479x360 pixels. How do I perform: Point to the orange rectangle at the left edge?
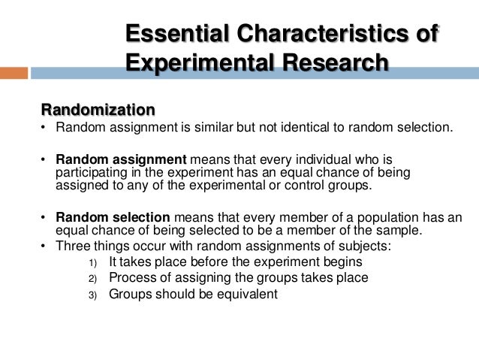tap(14, 74)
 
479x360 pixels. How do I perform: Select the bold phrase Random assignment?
tap(119, 159)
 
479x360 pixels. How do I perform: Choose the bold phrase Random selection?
tap(114, 217)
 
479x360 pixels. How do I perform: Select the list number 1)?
tap(92, 263)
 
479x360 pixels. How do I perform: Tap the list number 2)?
tap(92, 279)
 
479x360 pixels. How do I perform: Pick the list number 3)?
tap(92, 295)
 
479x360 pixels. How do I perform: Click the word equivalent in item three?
tap(245, 294)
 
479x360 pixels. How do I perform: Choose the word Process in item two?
tap(132, 278)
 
